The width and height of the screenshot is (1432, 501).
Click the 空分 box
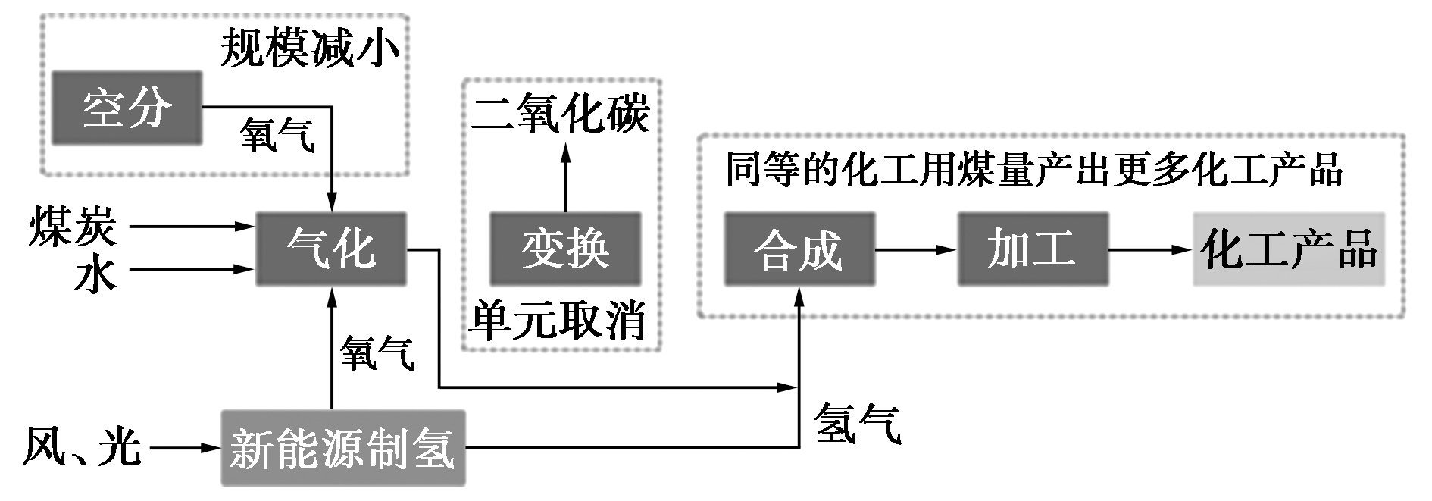click(127, 108)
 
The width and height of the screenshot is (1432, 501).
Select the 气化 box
click(331, 249)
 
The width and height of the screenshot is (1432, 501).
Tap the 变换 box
click(564, 249)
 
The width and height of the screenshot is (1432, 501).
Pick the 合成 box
click(799, 249)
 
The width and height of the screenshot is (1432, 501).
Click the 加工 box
click(1032, 249)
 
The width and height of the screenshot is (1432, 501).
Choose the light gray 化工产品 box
click(1288, 249)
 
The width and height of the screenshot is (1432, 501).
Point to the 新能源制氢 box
click(342, 448)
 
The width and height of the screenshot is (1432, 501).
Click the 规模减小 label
click(310, 49)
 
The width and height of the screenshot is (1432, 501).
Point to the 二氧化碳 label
click(561, 115)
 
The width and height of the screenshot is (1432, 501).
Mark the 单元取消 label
click(557, 321)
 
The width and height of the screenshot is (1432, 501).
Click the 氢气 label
click(858, 424)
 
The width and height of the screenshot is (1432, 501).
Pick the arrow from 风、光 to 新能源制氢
click(184, 448)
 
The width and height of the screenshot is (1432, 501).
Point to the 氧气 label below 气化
click(377, 353)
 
